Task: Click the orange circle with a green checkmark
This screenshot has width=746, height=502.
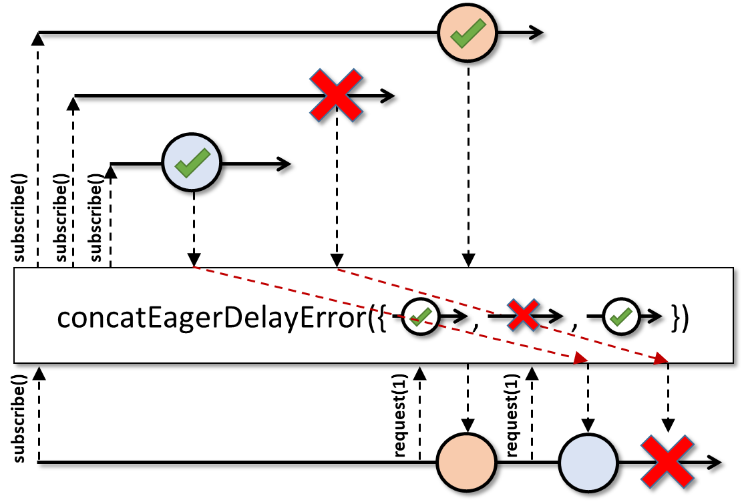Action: (468, 33)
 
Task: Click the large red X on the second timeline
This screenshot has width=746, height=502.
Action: (337, 95)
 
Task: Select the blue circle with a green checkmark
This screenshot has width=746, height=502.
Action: (192, 163)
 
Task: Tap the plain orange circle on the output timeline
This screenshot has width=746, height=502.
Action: (466, 462)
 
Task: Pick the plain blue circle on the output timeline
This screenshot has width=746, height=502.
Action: (588, 462)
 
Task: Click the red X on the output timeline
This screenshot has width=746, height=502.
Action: (667, 461)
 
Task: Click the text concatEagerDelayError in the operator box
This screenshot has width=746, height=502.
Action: (212, 318)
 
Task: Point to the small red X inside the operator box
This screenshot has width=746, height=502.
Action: (523, 314)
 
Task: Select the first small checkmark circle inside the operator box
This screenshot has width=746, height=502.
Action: (421, 316)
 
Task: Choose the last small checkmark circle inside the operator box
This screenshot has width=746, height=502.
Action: (621, 316)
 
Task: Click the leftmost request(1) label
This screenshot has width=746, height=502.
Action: (401, 416)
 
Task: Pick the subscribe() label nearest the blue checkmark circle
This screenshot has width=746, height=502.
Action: (96, 218)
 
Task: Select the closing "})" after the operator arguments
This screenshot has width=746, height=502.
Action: (680, 318)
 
